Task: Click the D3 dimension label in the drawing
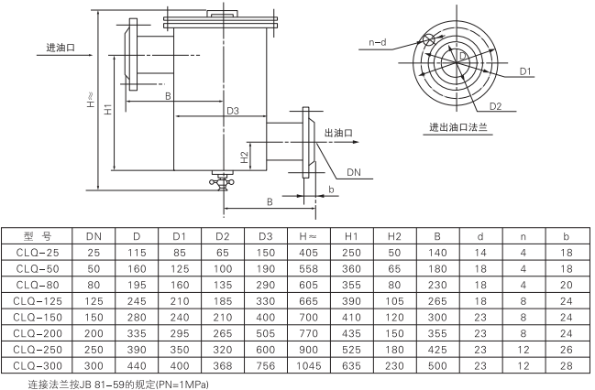233,111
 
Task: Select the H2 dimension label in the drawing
245,157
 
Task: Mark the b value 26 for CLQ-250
565,349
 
